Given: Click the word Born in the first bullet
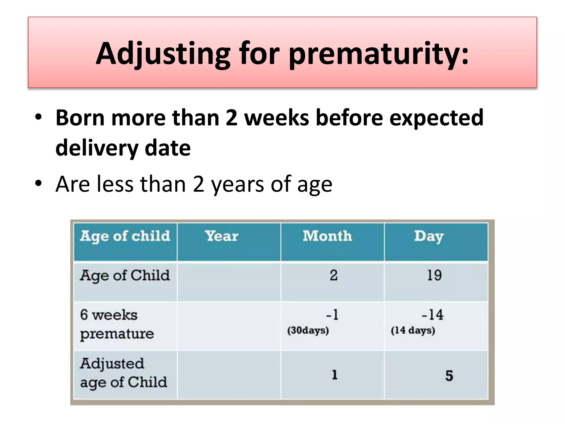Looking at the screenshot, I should click(x=80, y=118).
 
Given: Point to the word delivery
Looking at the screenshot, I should click(x=97, y=148).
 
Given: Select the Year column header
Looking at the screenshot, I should click(x=222, y=236).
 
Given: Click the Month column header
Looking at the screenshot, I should click(x=327, y=236).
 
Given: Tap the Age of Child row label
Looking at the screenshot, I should click(x=125, y=276).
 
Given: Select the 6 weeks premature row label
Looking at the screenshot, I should click(x=117, y=324).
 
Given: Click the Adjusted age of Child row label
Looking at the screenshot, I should click(x=123, y=373).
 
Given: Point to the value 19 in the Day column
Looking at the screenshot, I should click(x=434, y=275).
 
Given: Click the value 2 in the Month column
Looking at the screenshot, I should click(x=334, y=275).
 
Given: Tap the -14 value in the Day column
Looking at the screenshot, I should click(x=432, y=315).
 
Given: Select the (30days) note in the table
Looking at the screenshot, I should click(x=308, y=330).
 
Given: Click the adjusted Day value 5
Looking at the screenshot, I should click(x=449, y=376).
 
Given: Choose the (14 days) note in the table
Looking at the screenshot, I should click(x=413, y=330).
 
